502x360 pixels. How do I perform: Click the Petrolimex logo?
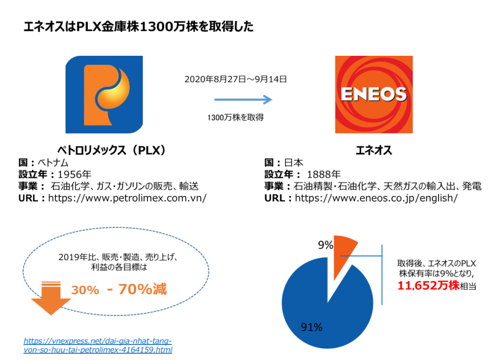[104, 94]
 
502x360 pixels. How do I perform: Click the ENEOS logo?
[373, 94]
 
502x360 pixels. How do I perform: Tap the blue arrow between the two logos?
[243, 100]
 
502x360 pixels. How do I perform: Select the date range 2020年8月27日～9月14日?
[235, 78]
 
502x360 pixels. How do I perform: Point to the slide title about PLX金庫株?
[139, 27]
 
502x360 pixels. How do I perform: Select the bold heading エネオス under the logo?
[374, 150]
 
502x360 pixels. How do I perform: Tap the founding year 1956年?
[75, 174]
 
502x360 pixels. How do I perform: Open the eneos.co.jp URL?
[376, 198]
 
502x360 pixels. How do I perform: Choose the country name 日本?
[301, 162]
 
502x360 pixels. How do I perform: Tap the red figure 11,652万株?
[427, 286]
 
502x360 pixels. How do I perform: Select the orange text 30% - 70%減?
[119, 289]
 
